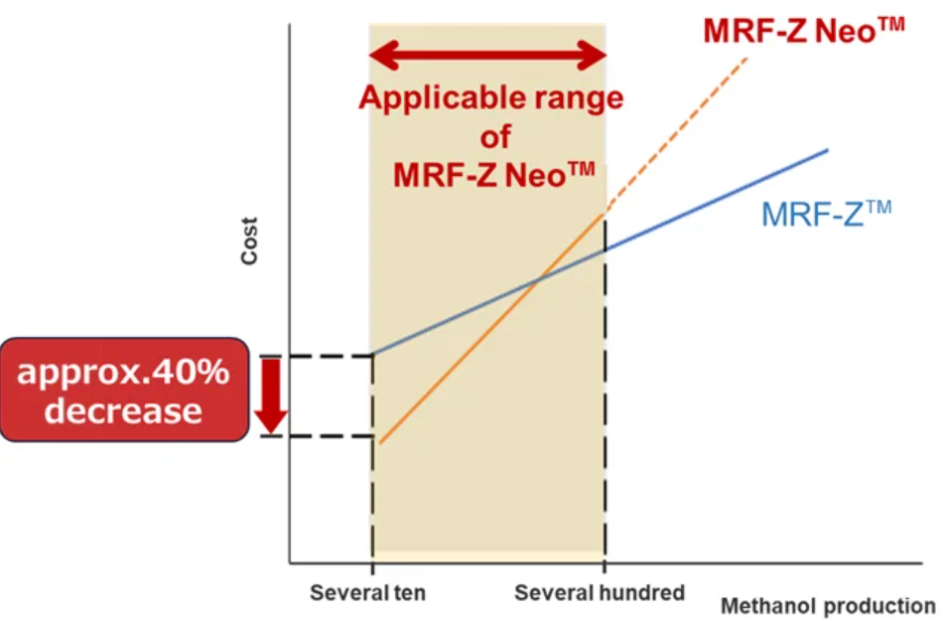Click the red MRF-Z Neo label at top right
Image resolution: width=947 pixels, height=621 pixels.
[803, 31]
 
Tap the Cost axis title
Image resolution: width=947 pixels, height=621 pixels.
[249, 240]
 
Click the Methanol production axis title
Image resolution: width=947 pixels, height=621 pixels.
[828, 605]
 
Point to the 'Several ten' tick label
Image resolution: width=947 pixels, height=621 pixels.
[367, 593]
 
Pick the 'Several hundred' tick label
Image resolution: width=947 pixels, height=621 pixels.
[600, 593]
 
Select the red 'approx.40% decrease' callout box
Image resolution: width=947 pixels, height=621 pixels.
[124, 389]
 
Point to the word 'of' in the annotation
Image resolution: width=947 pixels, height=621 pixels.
[493, 136]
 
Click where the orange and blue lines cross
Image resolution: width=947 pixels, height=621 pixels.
[537, 281]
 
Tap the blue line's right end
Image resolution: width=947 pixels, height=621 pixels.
[826, 150]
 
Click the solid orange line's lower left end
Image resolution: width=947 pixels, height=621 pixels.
[381, 442]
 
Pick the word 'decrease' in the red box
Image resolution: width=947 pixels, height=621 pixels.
[123, 410]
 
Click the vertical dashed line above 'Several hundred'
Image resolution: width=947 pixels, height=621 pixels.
[605, 397]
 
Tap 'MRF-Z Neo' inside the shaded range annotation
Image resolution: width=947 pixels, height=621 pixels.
[493, 174]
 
